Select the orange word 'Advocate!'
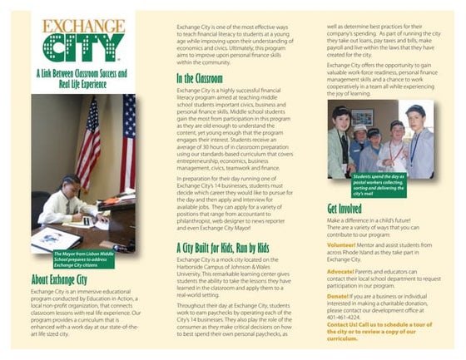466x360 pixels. (341, 270)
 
